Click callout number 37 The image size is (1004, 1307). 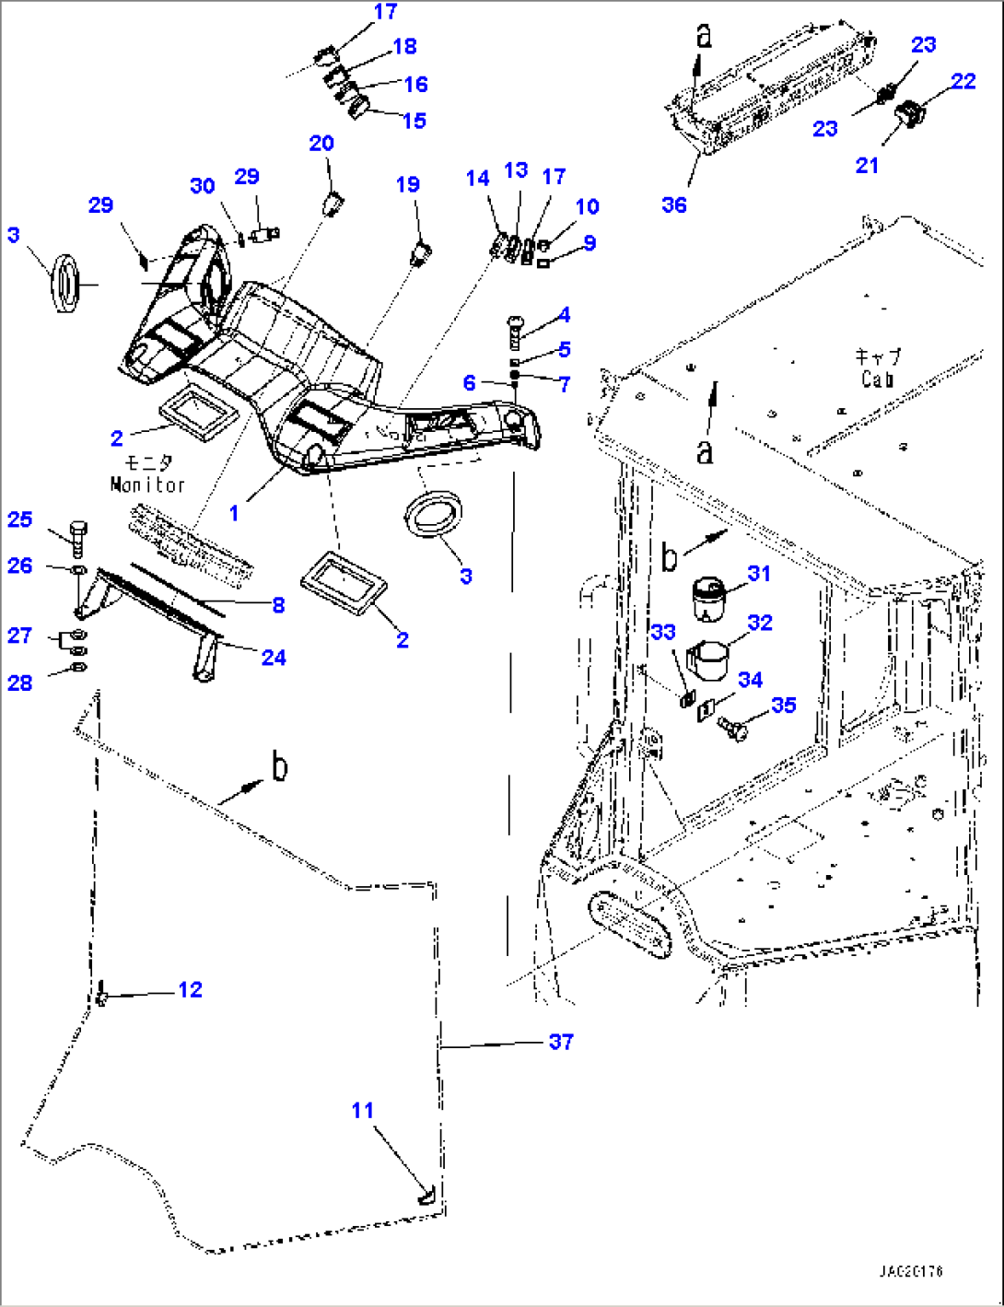tap(561, 1042)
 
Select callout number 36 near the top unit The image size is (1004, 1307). tap(674, 204)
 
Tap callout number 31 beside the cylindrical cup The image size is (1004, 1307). tap(758, 573)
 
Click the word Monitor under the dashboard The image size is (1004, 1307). tap(147, 484)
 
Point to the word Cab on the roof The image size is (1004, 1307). tap(877, 379)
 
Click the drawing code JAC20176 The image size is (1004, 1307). tap(910, 1272)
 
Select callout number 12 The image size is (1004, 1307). tap(190, 989)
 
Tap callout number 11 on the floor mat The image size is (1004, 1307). tap(363, 1110)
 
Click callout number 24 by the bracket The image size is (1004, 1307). tap(274, 657)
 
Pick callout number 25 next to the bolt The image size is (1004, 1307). tap(20, 519)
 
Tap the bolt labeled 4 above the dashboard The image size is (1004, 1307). tap(515, 329)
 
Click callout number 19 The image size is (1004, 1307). tap(408, 184)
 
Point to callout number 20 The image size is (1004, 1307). tap(321, 143)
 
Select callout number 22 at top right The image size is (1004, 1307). tap(963, 81)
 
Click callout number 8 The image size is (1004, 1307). tap(278, 605)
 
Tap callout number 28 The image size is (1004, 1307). tap(20, 683)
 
